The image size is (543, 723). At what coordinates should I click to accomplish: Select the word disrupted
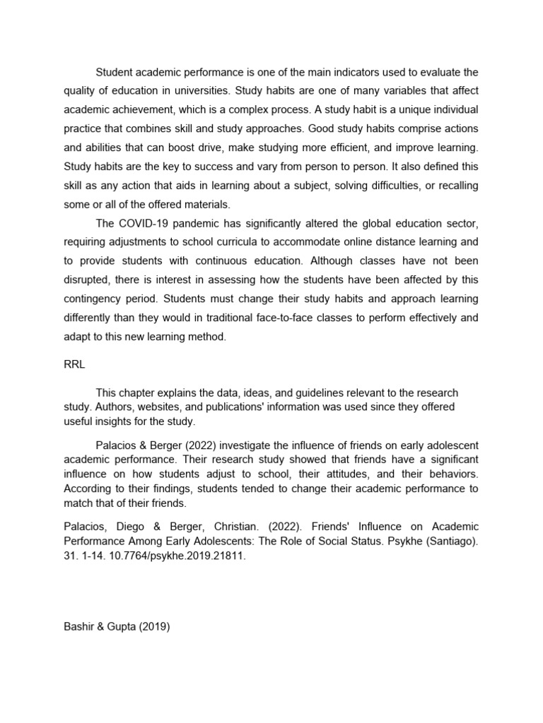88,280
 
